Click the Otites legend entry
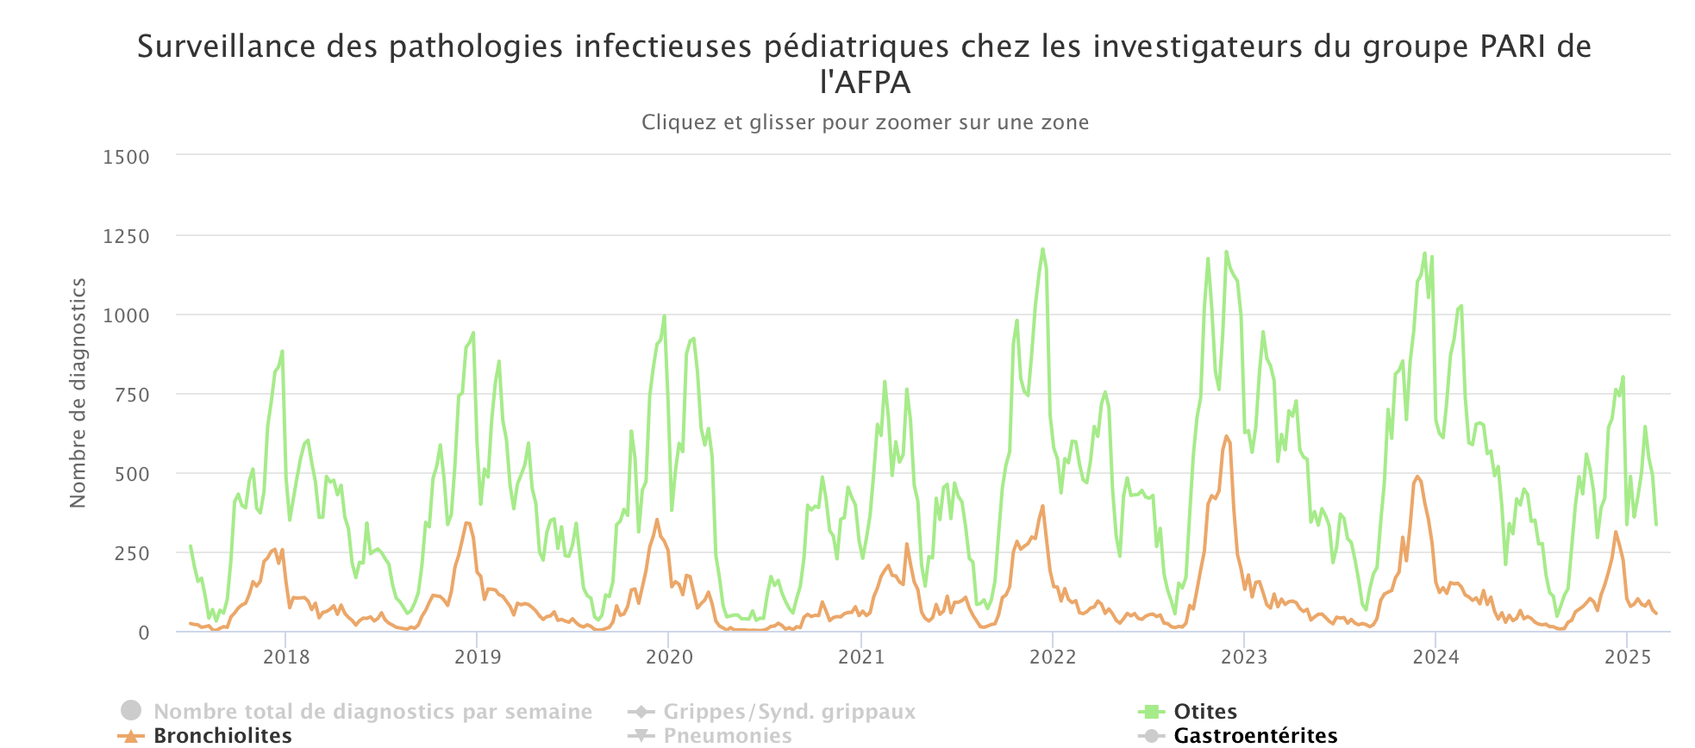(x=1204, y=712)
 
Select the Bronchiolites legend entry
(x=222, y=735)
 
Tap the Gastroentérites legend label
(x=1255, y=735)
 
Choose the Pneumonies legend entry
(x=727, y=735)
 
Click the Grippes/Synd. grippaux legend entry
(x=789, y=712)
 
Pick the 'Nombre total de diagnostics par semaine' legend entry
(x=372, y=712)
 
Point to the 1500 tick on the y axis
(x=126, y=157)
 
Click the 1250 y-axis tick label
(x=126, y=236)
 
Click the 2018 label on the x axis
(x=286, y=658)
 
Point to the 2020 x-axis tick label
(x=669, y=658)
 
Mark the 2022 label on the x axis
(x=1053, y=658)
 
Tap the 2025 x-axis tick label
(x=1628, y=658)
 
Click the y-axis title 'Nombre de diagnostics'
(x=78, y=393)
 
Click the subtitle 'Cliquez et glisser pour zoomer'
(x=865, y=122)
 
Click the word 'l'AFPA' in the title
(x=865, y=83)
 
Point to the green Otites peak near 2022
(x=1042, y=250)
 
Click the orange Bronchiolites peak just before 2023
(x=1226, y=436)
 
